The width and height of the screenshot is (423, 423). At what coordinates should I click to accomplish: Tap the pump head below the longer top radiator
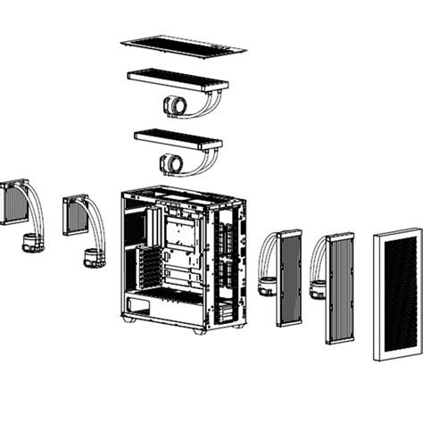point(175,107)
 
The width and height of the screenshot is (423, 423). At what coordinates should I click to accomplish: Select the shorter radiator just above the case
point(178,138)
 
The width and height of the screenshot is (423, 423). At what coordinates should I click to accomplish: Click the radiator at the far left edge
point(14,204)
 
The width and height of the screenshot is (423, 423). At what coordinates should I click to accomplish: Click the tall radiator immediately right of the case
point(289,278)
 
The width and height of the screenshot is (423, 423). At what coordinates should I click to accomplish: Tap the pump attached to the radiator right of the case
point(266,286)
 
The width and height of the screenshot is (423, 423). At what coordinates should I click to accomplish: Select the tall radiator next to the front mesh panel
point(339,287)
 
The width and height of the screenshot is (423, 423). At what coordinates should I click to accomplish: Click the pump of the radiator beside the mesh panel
point(317,289)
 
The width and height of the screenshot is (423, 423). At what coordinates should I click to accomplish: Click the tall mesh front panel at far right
point(396,293)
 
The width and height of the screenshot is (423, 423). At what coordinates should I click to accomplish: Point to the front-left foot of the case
point(130,319)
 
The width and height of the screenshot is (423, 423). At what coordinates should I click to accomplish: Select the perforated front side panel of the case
point(228,263)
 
